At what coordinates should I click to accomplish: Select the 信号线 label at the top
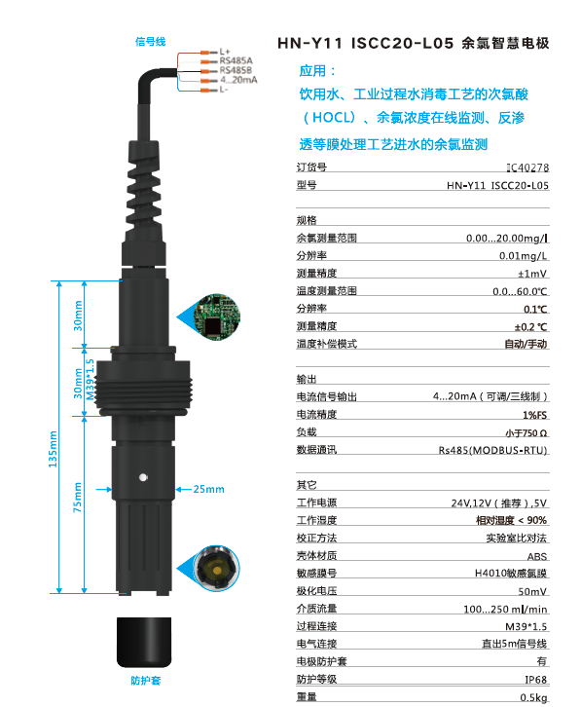click(150, 42)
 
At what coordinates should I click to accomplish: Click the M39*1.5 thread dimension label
click(91, 381)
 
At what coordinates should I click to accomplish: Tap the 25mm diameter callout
click(208, 488)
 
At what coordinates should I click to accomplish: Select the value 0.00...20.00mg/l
click(506, 238)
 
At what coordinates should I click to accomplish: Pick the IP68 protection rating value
click(533, 680)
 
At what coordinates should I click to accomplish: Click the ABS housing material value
click(536, 556)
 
